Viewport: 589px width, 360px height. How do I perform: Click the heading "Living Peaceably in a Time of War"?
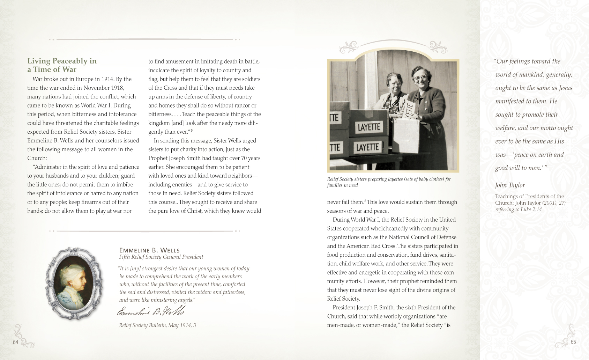click(x=62, y=65)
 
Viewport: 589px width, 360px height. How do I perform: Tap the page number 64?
click(x=15, y=342)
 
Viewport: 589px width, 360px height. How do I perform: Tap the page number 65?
click(x=573, y=342)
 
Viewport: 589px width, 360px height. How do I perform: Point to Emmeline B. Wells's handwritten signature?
click(x=151, y=311)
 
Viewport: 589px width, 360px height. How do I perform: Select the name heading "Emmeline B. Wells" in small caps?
click(x=149, y=250)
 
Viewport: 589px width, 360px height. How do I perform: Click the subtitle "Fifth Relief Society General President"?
click(x=161, y=257)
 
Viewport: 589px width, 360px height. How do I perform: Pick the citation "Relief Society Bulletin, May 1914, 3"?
click(x=157, y=325)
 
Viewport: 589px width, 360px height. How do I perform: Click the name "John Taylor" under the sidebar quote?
click(x=510, y=185)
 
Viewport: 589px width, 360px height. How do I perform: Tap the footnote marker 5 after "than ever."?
click(x=192, y=131)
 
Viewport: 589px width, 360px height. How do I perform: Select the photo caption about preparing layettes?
click(x=389, y=182)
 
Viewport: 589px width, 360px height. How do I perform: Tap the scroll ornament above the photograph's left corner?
click(x=349, y=47)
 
